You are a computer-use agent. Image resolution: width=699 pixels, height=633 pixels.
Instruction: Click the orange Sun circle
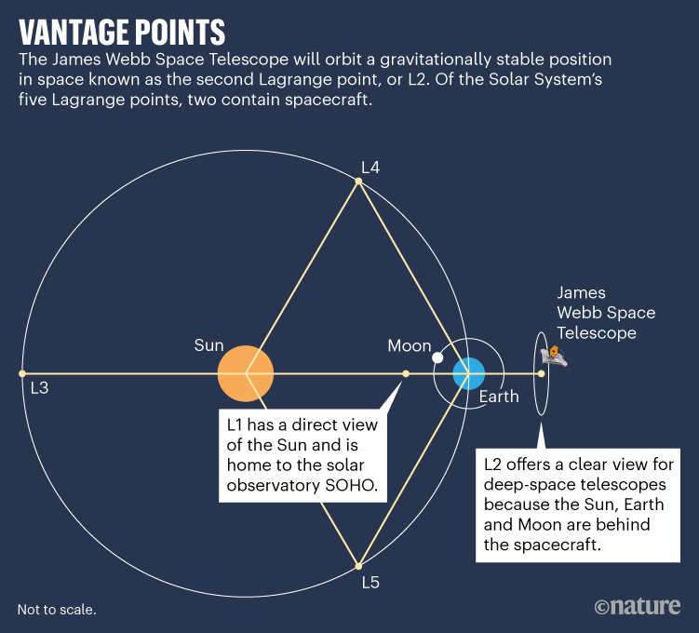tap(246, 373)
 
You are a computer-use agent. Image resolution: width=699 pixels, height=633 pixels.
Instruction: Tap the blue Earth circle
tap(468, 373)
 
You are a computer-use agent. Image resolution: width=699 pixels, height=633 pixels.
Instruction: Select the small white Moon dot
tap(437, 357)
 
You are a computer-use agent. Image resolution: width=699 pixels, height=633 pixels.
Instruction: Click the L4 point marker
tap(358, 181)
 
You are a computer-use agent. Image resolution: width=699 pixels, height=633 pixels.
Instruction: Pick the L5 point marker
tap(358, 566)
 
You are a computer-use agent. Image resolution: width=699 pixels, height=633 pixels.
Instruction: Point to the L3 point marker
tap(22, 373)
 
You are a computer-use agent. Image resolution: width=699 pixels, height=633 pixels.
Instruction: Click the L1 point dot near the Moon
tap(406, 373)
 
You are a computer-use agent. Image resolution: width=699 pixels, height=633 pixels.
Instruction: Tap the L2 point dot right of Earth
tap(541, 373)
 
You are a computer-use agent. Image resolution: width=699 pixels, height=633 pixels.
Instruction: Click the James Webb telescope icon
tap(554, 356)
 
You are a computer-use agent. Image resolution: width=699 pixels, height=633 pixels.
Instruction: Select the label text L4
tap(370, 168)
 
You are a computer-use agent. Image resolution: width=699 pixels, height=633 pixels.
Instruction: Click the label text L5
tap(370, 582)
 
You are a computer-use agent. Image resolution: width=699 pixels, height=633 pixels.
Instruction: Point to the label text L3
tap(39, 388)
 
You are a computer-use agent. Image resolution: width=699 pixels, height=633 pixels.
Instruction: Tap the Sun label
tap(208, 345)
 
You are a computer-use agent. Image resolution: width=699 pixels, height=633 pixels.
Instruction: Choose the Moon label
tap(410, 345)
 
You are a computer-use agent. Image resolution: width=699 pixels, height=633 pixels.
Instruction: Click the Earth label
tap(499, 397)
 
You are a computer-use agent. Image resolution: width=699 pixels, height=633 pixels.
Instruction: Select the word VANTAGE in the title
tap(73, 32)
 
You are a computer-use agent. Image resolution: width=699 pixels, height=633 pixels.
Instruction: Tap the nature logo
tap(638, 606)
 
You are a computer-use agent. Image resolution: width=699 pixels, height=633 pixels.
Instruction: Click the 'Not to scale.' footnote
tap(57, 610)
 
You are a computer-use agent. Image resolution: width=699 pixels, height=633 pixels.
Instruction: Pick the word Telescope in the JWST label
tap(597, 332)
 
